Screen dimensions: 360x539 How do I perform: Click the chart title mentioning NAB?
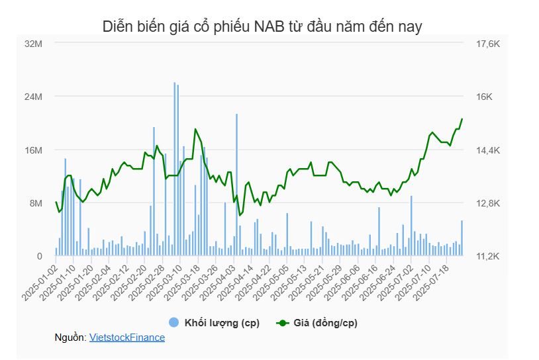(262, 26)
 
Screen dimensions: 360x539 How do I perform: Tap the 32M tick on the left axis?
(33, 44)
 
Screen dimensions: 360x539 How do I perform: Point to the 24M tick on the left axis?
(33, 97)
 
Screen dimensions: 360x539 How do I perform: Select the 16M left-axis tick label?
(33, 150)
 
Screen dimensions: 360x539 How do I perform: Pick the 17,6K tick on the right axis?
(487, 44)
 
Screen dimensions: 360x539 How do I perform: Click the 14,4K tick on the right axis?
(487, 150)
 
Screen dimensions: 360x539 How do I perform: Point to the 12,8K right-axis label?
(487, 203)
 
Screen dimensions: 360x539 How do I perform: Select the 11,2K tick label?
(487, 256)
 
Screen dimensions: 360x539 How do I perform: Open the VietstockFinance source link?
(127, 337)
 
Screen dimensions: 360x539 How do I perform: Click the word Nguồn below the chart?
(70, 337)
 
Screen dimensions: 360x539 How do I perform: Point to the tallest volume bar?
(175, 169)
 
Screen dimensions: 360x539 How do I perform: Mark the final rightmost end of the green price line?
(462, 119)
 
